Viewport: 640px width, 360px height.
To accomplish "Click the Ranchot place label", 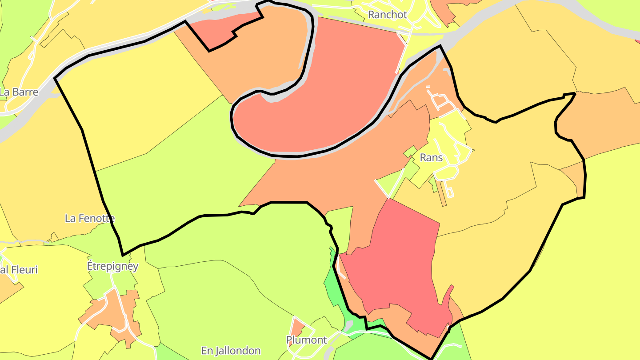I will [x=388, y=15].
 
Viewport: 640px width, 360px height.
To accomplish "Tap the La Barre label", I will [x=19, y=92].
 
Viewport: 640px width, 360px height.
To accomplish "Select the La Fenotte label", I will [x=90, y=218].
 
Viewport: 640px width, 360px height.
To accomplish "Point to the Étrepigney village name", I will [x=112, y=266].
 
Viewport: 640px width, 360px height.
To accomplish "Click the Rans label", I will [x=431, y=157].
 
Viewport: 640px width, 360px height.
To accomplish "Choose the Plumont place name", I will [x=307, y=340].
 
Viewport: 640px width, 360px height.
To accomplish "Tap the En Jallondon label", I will [x=231, y=351].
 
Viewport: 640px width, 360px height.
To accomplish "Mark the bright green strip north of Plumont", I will [x=336, y=289].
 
